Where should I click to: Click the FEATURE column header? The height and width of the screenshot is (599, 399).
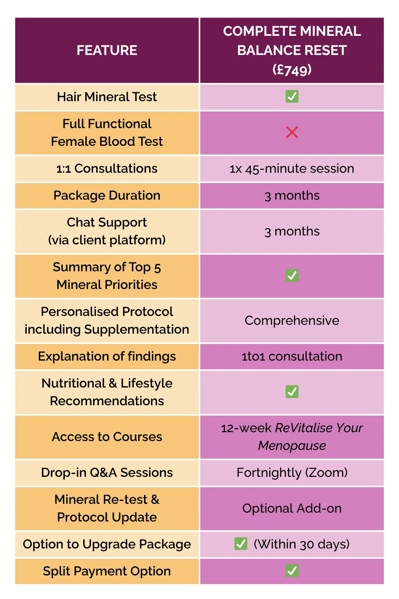click(107, 50)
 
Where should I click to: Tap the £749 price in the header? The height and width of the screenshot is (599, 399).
click(292, 69)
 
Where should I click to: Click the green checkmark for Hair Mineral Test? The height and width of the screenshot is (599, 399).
click(292, 97)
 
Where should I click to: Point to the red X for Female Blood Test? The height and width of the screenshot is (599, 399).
click(292, 132)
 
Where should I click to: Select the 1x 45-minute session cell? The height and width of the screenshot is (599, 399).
click(292, 169)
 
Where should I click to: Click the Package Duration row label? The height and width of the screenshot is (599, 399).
click(107, 196)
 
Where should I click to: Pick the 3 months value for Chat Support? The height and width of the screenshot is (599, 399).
click(292, 231)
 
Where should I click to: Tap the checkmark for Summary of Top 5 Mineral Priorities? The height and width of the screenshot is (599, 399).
click(292, 275)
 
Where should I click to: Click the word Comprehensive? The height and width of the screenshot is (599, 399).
click(292, 321)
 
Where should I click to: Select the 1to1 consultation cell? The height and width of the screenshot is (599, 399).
click(292, 357)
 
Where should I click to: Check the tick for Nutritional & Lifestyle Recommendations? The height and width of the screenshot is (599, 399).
click(292, 392)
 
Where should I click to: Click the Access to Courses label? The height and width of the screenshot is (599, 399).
click(107, 437)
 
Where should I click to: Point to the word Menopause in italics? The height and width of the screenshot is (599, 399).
click(292, 446)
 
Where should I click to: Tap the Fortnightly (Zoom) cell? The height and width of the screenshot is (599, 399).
click(292, 473)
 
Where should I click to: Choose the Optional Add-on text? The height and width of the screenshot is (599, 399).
click(292, 508)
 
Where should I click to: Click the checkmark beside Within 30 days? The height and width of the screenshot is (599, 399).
click(241, 544)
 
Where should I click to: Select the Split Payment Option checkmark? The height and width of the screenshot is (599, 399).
click(292, 571)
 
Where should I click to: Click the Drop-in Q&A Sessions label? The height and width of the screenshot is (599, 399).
click(107, 472)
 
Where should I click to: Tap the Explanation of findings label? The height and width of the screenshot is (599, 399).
click(107, 357)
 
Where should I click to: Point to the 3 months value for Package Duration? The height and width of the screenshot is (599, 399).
click(292, 196)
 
